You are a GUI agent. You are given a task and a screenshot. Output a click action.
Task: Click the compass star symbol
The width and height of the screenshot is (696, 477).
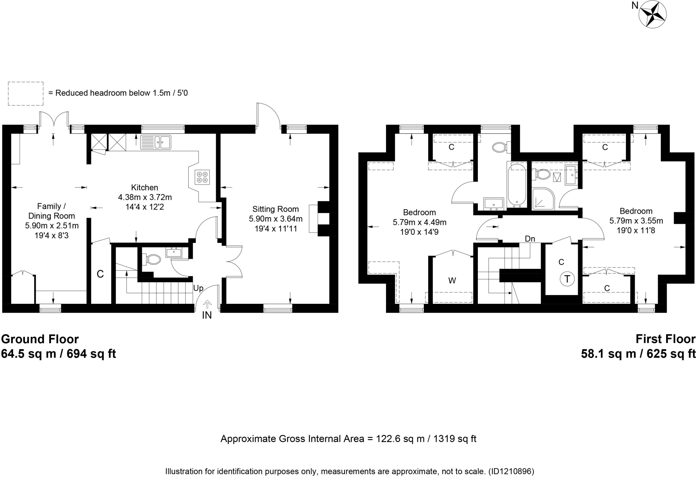(x=652, y=14)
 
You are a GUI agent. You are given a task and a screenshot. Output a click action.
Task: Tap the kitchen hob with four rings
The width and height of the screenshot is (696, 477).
(x=202, y=177)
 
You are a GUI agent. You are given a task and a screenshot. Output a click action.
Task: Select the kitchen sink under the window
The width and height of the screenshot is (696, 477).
(x=156, y=142)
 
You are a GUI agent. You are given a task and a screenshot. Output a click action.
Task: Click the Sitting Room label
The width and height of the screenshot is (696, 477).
(x=275, y=209)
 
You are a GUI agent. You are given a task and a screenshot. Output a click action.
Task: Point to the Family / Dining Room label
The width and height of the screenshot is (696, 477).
(x=51, y=211)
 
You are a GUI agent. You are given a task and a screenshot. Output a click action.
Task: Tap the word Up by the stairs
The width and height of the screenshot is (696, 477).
(x=198, y=288)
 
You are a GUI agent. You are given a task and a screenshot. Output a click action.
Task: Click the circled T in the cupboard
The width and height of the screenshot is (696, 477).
(x=567, y=279)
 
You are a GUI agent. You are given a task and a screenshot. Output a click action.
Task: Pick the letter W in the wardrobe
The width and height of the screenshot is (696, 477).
(x=452, y=281)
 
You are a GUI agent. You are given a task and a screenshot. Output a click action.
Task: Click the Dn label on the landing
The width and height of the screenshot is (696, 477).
(x=530, y=239)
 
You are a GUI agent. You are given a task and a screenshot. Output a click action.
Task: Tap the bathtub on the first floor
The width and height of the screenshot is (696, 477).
(x=517, y=185)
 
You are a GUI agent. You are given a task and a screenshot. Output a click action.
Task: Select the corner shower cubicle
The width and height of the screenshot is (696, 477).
(x=543, y=198)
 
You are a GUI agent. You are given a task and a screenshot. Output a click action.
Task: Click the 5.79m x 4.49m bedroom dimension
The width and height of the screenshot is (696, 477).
(x=419, y=223)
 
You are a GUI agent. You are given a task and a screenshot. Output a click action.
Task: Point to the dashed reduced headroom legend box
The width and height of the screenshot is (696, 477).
(x=25, y=93)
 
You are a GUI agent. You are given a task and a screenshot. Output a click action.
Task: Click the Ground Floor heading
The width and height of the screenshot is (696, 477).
(x=40, y=339)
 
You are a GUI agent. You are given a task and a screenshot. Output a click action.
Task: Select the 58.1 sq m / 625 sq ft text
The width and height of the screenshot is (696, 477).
(x=638, y=354)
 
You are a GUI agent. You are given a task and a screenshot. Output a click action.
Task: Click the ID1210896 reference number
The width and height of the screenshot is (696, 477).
(x=511, y=472)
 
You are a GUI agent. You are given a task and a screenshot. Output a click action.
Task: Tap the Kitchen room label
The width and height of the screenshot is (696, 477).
(x=145, y=187)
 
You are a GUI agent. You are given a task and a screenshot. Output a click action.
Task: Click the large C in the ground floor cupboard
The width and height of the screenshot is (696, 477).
(x=100, y=274)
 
